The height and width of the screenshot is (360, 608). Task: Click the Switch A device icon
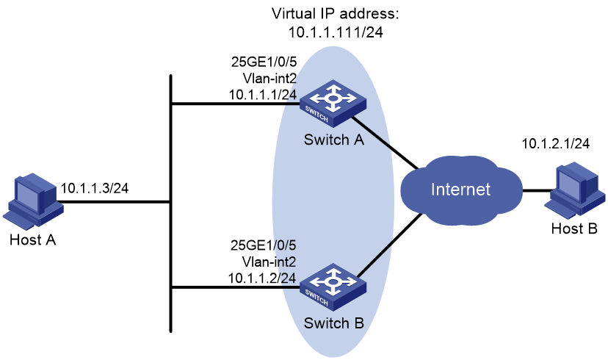(x=333, y=104)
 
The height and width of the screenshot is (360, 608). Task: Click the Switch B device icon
(x=333, y=287)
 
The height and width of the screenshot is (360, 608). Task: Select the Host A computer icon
(x=33, y=202)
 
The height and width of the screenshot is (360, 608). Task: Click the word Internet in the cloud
(x=460, y=190)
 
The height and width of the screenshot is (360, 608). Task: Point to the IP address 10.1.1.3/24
(x=95, y=188)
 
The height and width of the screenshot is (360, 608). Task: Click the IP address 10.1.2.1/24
(x=555, y=143)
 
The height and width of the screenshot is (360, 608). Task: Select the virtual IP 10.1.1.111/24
(x=336, y=32)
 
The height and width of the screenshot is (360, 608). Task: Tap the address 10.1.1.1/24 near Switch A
(x=262, y=94)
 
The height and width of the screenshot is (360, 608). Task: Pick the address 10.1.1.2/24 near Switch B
(x=262, y=278)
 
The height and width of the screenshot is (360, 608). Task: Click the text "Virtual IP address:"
(x=336, y=13)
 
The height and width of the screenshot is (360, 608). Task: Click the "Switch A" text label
(x=334, y=140)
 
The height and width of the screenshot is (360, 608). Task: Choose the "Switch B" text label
(x=334, y=323)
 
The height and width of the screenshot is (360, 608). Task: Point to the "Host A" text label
(x=33, y=240)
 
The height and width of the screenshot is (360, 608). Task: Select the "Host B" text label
(x=574, y=228)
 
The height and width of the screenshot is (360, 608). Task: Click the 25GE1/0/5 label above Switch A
(x=264, y=62)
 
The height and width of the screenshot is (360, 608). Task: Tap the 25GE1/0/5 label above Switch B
(x=264, y=245)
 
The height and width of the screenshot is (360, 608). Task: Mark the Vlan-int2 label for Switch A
(x=269, y=79)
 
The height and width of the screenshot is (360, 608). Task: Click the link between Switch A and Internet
(x=385, y=143)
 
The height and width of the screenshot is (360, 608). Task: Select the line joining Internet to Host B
(x=537, y=190)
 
